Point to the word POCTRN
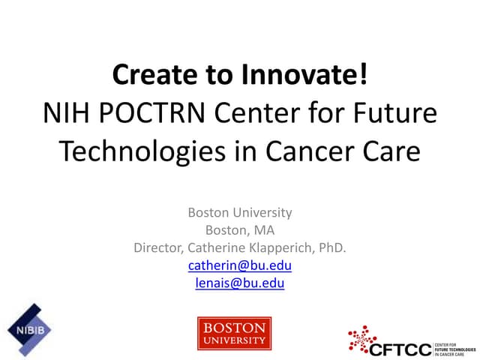[150, 114]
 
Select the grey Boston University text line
[240, 212]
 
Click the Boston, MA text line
[240, 230]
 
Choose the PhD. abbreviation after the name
[331, 247]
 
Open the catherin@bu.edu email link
[240, 265]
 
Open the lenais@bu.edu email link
[240, 283]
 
